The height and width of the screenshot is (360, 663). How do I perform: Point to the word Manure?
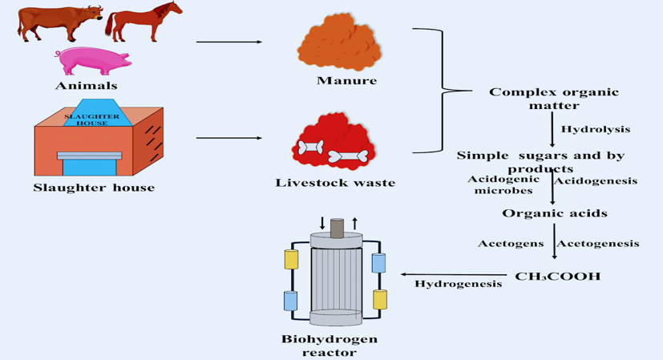[346, 80]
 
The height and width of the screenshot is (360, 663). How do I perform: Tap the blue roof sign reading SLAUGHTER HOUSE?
[91, 117]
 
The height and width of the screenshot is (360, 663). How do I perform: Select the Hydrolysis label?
[595, 129]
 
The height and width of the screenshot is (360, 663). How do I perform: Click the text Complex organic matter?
[554, 99]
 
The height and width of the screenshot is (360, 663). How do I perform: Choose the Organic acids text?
[554, 213]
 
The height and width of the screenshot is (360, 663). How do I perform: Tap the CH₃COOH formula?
[557, 277]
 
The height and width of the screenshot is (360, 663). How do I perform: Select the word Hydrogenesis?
[458, 283]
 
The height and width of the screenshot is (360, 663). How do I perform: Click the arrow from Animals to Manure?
[229, 42]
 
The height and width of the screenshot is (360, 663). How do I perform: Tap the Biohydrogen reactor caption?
[329, 345]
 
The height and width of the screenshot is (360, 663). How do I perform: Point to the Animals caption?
[86, 86]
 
